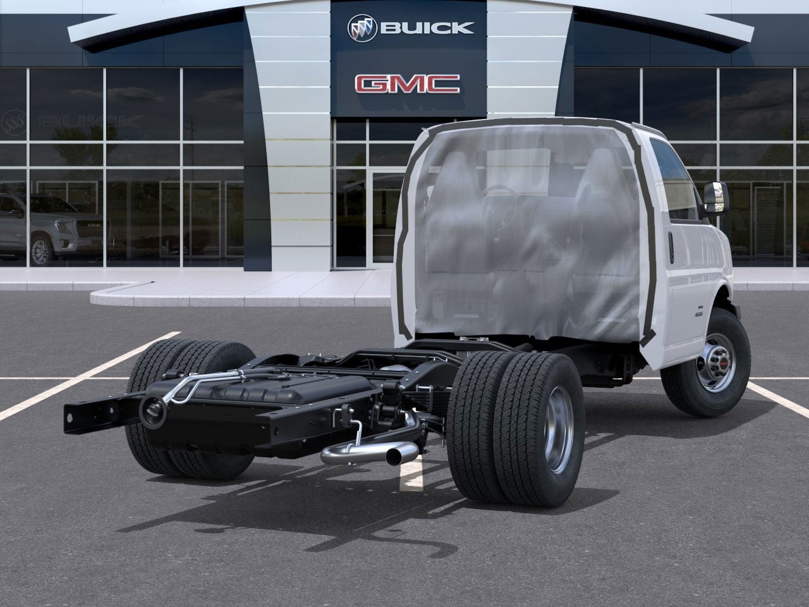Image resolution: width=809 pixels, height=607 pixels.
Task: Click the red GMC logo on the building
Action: point(407,83)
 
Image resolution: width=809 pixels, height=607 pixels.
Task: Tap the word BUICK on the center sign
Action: point(427,27)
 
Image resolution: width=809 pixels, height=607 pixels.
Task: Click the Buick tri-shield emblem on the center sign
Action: point(363,27)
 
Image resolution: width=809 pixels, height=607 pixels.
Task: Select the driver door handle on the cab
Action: point(671,248)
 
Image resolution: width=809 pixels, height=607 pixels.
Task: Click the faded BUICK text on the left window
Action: point(88,120)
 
